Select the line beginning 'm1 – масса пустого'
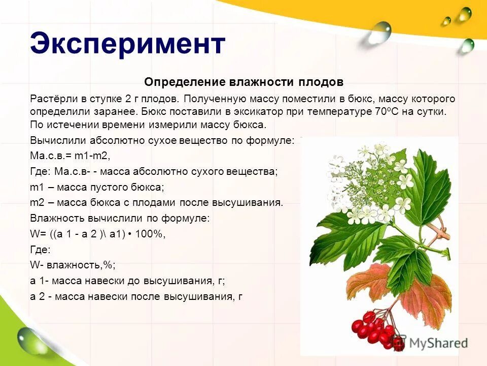97,187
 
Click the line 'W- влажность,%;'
73,265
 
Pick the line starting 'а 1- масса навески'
127,281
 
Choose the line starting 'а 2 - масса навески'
136,296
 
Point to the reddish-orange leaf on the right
424,297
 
